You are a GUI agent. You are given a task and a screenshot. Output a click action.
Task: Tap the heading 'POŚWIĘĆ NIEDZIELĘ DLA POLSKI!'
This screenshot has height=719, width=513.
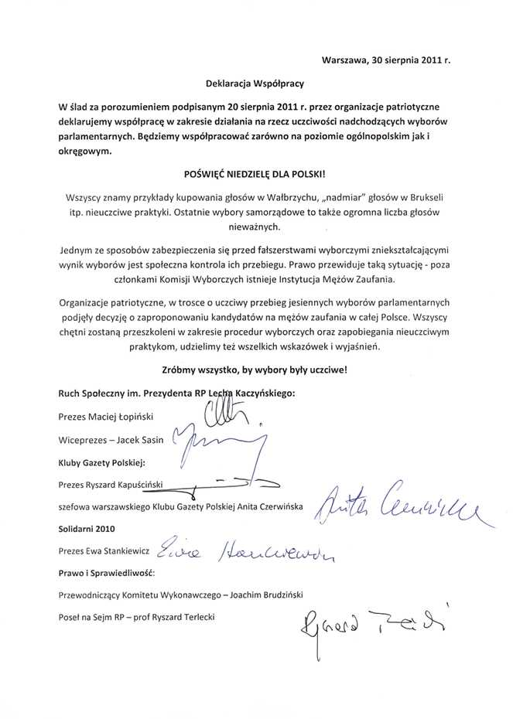255,175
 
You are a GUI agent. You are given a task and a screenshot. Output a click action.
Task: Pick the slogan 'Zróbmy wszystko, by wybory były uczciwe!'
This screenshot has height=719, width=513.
255,370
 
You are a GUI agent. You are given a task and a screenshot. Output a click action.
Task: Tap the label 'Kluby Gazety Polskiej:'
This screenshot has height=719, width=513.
101,462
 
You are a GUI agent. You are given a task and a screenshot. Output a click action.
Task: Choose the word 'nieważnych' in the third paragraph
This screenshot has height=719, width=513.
255,227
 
